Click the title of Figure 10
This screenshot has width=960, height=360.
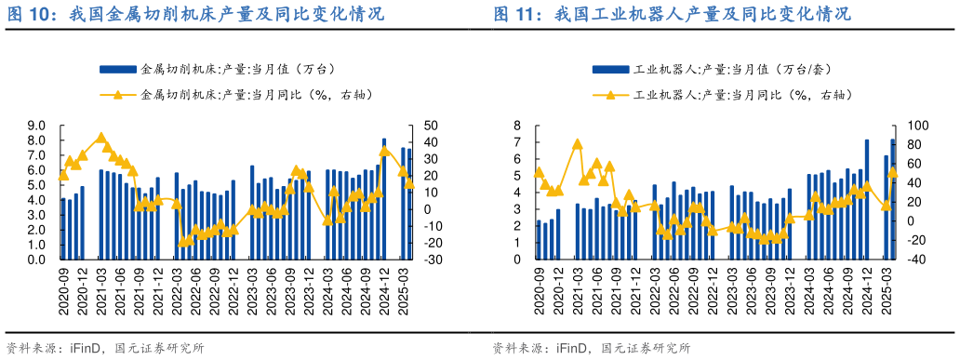pos(195,16)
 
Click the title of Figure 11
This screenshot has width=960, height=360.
pos(671,16)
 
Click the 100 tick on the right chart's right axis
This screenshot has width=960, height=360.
pos(907,126)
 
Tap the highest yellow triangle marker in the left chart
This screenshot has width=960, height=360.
pos(100,138)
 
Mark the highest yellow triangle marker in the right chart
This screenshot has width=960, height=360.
pos(578,144)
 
